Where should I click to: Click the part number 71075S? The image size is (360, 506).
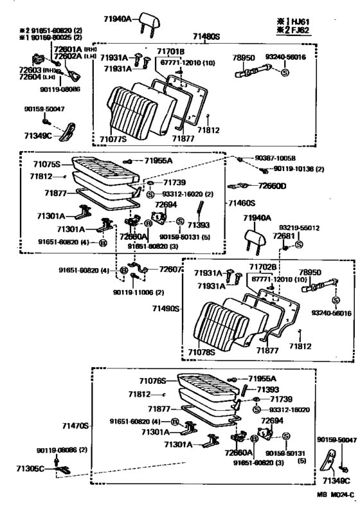[x=47, y=163]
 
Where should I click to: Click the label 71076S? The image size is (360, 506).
[x=153, y=381]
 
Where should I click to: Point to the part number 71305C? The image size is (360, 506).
[x=30, y=469]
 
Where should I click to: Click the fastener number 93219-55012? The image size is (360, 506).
[x=299, y=228]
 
